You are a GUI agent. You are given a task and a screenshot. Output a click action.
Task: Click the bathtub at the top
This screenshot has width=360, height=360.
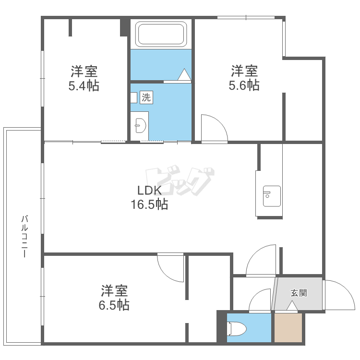tap(161, 34)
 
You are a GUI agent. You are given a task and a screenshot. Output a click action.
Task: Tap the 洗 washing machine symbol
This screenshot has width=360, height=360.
tap(146, 97)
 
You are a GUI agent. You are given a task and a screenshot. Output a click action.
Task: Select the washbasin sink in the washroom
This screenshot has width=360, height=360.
tap(141, 126)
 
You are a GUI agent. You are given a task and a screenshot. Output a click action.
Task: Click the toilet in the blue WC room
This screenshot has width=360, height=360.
tap(237, 329)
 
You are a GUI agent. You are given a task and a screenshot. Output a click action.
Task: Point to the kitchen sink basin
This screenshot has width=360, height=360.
tap(272, 196)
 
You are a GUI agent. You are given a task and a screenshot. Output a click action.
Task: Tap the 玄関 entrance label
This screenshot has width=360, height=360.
tap(299, 293)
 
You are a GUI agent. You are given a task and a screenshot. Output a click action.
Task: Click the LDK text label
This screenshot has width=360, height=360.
tap(149, 191)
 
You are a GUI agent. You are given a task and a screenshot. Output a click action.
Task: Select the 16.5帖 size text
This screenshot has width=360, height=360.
tap(149, 204)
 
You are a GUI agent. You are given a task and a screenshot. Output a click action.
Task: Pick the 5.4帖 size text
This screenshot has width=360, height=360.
tap(84, 86)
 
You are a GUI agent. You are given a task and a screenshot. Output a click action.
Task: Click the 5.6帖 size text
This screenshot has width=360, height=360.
tap(244, 85)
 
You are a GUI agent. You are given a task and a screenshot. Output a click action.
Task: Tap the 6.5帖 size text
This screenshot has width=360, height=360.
tap(114, 305)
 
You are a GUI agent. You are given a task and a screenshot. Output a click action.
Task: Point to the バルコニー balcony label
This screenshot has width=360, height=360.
tap(24, 236)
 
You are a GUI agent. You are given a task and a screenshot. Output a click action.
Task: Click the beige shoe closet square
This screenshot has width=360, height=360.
tap(288, 328)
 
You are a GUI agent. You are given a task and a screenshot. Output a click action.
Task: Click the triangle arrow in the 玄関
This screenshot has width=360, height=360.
tap(292, 306)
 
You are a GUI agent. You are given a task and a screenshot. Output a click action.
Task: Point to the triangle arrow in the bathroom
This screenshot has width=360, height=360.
tap(184, 74)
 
